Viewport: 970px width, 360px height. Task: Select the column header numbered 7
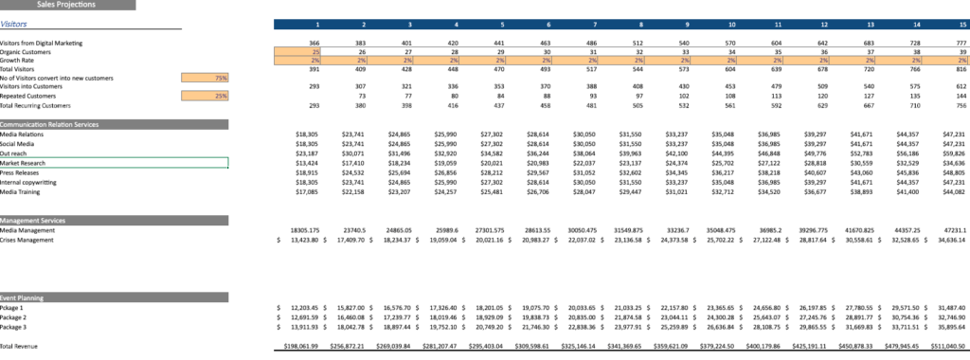click(x=593, y=24)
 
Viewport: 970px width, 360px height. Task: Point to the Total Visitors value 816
click(x=958, y=69)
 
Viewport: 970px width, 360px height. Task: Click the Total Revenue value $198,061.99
click(x=298, y=347)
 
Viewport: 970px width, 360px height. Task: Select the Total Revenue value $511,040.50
click(x=947, y=347)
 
